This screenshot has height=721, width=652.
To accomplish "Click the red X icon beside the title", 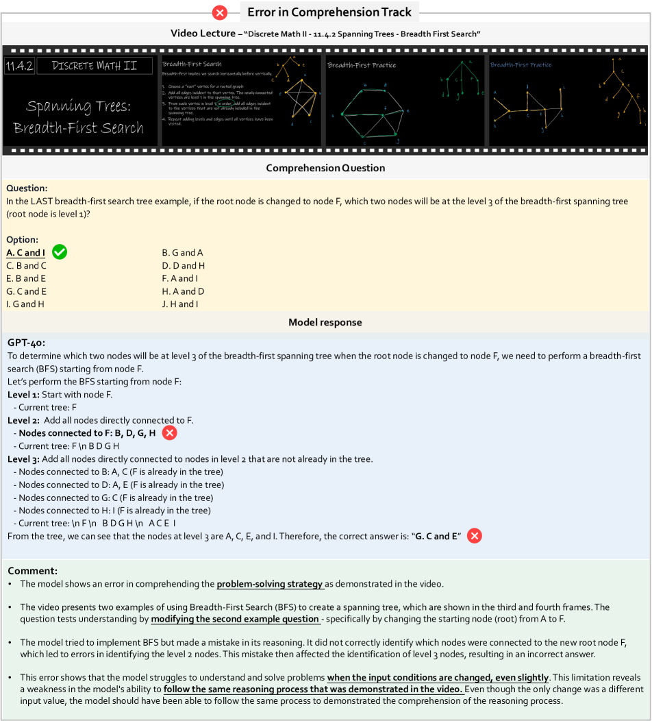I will coord(221,12).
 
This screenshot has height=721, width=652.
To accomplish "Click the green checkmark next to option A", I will coord(60,253).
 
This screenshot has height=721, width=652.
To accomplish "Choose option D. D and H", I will coord(183,266).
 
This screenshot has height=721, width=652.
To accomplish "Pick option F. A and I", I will coord(179,278).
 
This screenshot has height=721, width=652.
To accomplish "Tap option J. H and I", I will coord(179,304).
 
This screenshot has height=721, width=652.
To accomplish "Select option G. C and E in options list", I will coord(26,291).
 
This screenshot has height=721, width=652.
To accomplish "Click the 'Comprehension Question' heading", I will coord(325,168).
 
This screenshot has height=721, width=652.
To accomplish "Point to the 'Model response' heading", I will coord(325,322).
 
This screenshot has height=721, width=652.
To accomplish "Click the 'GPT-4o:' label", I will coord(27,343).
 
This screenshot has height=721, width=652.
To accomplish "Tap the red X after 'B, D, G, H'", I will coord(169,433).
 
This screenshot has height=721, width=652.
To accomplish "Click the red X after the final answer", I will coord(474,536).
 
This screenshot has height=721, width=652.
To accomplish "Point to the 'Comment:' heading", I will coord(32,570).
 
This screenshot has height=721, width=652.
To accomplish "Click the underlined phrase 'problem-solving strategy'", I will coord(270,584).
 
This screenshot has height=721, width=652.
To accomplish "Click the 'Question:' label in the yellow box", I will coord(27,188).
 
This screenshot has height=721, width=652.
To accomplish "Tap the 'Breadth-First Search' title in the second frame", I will coord(192,64).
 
